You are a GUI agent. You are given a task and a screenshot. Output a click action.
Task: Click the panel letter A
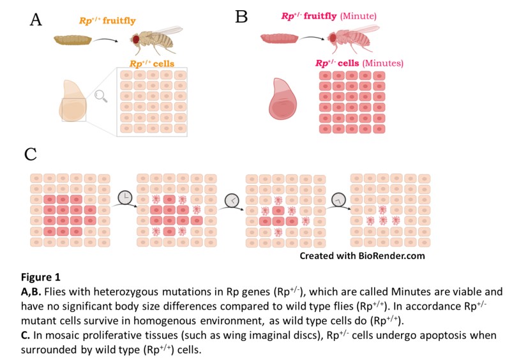click(36, 20)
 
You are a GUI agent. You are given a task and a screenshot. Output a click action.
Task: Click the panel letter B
click(241, 17)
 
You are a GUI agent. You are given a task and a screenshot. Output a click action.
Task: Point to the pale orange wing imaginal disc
click(74, 101)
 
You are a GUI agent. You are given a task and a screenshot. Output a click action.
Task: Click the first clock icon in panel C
click(126, 199)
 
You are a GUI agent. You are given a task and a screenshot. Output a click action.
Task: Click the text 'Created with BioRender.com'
click(363, 256)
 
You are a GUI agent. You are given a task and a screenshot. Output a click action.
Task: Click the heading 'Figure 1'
click(41, 277)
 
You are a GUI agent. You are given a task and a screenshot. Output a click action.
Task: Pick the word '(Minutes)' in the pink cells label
click(382, 63)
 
